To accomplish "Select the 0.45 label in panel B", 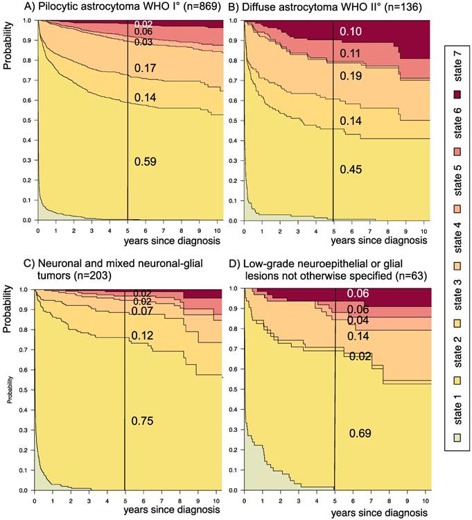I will pos(351,168).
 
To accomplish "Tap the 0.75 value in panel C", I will pos(142,420).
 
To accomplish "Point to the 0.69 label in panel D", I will pos(360,433).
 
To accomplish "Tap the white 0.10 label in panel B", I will pos(351,32).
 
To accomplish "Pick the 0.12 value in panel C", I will pos(142,336).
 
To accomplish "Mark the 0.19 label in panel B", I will pos(351,76).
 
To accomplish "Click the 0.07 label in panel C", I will pos(142,311).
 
